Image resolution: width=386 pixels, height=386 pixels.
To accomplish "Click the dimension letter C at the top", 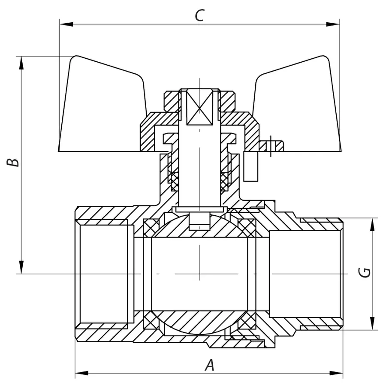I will (x=199, y=15).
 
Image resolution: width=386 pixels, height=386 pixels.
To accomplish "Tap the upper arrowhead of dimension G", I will (x=372, y=224).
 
